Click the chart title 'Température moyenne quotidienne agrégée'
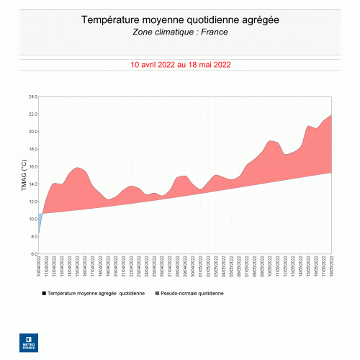(180, 20)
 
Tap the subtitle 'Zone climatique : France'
(180, 32)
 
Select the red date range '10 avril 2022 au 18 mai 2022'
(180, 64)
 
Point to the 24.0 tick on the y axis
(32, 96)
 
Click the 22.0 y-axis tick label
(32, 114)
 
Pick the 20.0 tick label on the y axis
(32, 132)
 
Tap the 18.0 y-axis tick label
(32, 149)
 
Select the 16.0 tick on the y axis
(32, 166)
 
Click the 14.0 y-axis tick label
(32, 184)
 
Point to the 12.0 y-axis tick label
(32, 202)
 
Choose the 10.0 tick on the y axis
(32, 219)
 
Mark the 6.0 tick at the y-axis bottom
(32, 254)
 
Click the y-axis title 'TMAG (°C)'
(23, 175)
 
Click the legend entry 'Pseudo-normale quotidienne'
(192, 294)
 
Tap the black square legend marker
(44, 294)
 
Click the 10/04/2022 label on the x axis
(39, 266)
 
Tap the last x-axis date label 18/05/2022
(330, 266)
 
